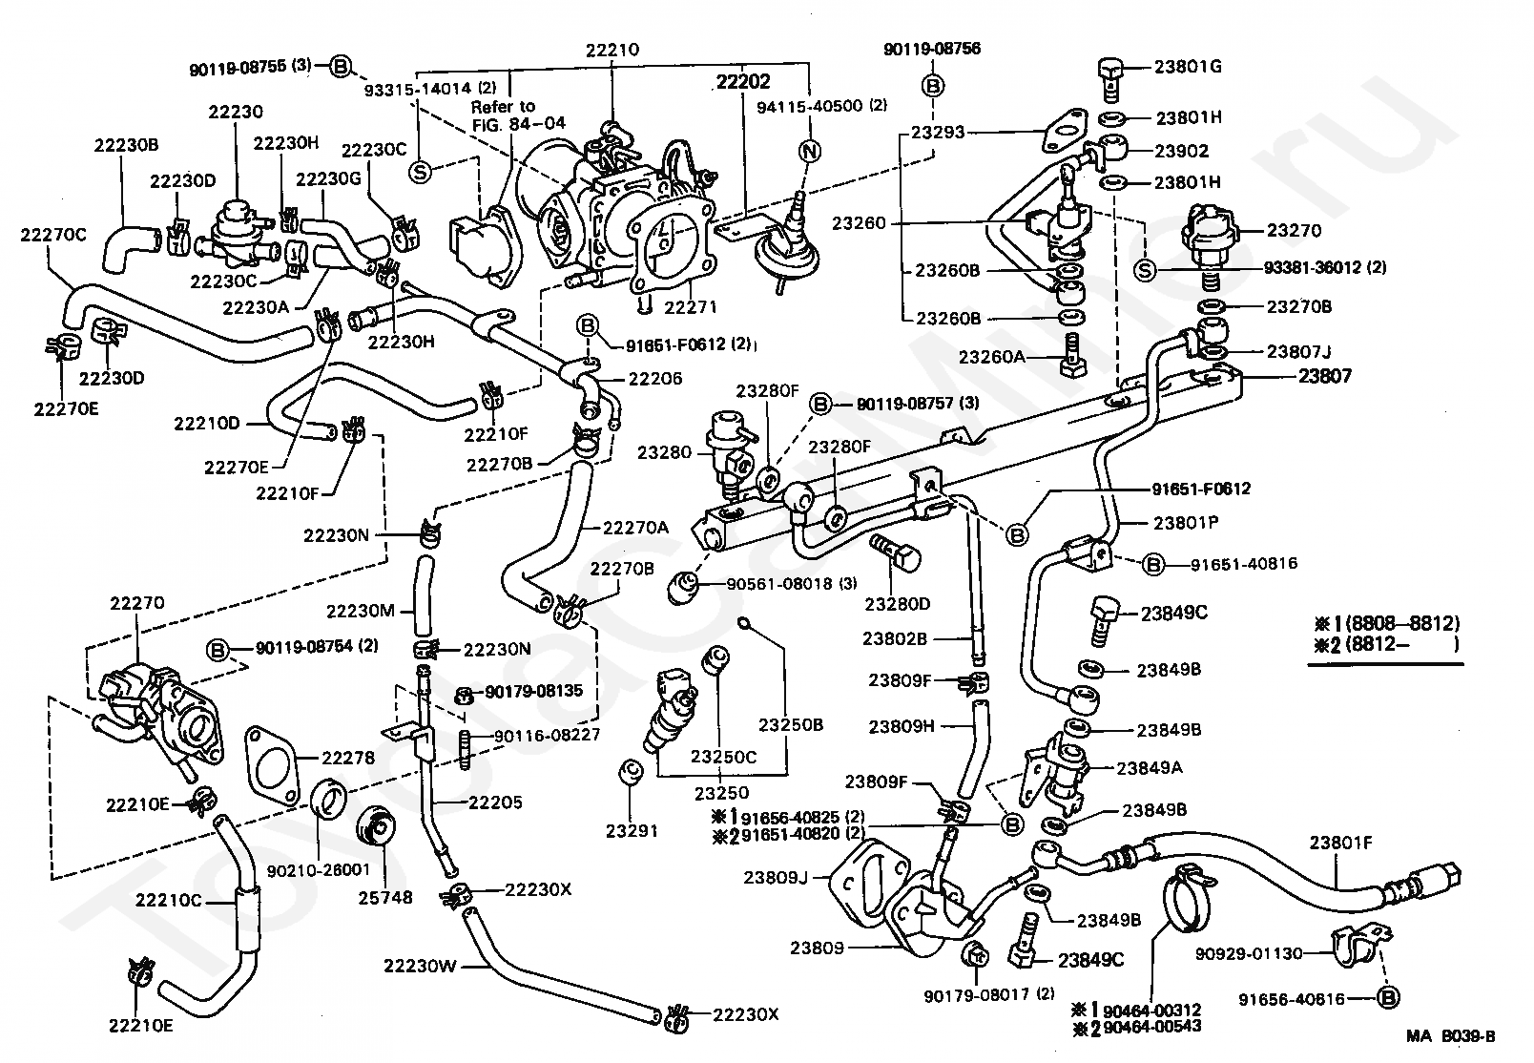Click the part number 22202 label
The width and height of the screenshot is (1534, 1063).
tap(743, 82)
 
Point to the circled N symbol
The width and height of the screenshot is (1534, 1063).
tap(810, 151)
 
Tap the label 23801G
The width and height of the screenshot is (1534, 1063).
tap(1188, 67)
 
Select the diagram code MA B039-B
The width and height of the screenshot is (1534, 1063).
tap(1450, 1036)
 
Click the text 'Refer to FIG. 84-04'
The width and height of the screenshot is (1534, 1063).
tap(519, 115)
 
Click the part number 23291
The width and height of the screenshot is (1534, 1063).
tap(632, 831)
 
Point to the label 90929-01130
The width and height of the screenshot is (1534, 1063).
tap(1249, 953)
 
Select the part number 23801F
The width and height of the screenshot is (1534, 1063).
tap(1340, 843)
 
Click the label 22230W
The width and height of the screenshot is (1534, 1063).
tap(420, 966)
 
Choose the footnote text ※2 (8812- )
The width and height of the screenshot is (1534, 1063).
tap(1386, 644)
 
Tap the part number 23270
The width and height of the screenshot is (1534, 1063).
tap(1294, 230)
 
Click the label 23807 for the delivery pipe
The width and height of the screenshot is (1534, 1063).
tap(1325, 375)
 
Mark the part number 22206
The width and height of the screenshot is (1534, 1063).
tap(655, 378)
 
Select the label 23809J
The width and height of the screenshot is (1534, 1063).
tap(776, 877)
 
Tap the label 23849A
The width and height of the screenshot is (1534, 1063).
tap(1150, 768)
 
